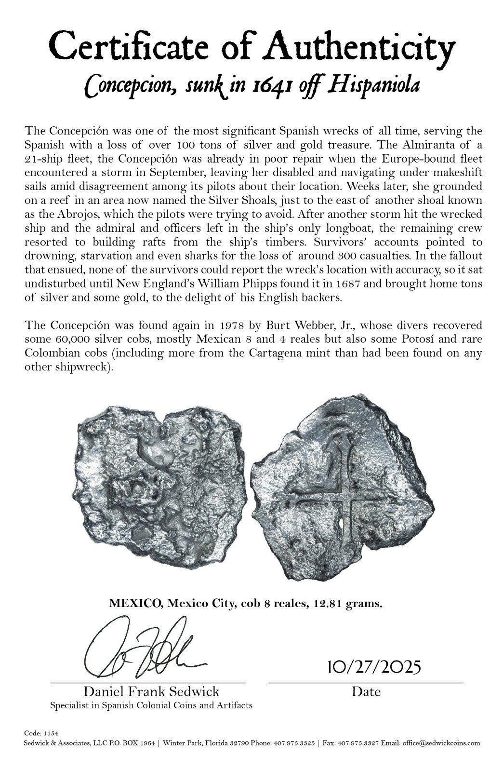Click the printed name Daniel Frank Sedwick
tap(152, 692)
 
